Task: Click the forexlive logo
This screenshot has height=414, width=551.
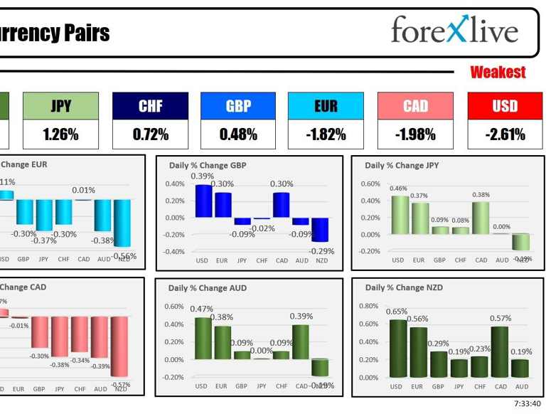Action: (455, 31)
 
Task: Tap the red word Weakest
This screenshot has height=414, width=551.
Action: (498, 72)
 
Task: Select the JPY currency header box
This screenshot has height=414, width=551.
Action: (60, 106)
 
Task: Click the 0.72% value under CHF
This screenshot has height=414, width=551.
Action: (151, 134)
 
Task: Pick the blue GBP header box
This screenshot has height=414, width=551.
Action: (238, 106)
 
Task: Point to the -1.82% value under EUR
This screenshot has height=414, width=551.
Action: (326, 134)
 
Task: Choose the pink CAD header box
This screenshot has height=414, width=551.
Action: (415, 106)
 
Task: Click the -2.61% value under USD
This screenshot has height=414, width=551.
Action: (505, 134)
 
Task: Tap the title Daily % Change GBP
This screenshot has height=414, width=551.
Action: (206, 166)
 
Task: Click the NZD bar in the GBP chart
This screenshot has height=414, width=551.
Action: (321, 229)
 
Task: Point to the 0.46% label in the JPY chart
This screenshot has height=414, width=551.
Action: (399, 189)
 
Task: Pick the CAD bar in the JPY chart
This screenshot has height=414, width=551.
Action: (481, 218)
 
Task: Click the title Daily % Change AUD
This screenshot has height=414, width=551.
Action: (207, 288)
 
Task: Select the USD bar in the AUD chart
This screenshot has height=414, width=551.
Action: (203, 338)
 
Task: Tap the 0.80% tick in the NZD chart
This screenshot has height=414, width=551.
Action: (369, 307)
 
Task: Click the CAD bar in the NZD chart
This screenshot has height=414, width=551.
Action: (501, 351)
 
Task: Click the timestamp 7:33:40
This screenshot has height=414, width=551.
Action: (527, 403)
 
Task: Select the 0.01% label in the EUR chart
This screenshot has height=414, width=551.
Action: (83, 190)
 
